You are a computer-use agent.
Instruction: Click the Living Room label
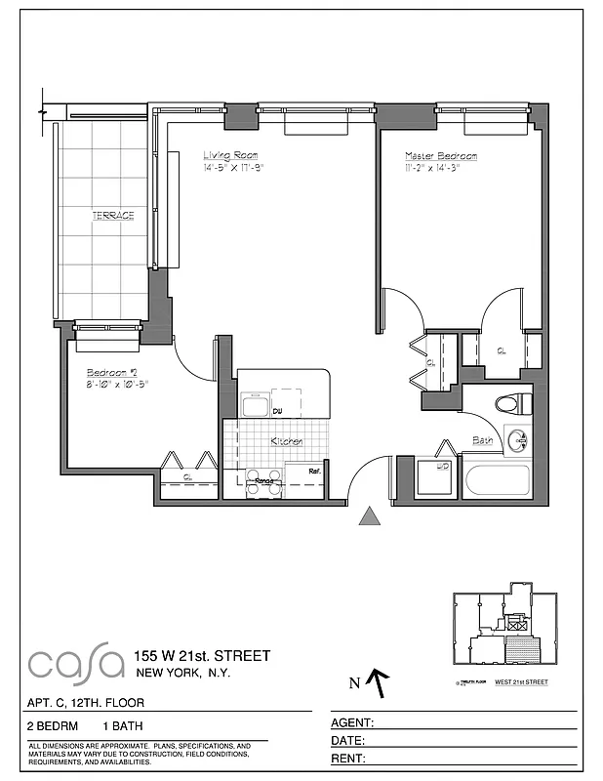pos(229,155)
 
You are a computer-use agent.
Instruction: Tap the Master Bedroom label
pos(442,156)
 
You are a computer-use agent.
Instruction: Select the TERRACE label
pos(112,215)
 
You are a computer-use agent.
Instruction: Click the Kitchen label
pos(287,442)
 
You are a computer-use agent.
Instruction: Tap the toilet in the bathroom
pos(512,402)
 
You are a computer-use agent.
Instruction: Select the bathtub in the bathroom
pos(498,481)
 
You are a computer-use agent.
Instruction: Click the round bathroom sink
pos(517,438)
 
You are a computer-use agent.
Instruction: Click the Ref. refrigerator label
pos(315,472)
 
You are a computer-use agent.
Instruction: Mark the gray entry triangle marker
pos(370,516)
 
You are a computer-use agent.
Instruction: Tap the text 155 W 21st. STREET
pos(203,655)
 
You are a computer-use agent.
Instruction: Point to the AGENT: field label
pos(354,723)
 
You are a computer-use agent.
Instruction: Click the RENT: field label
pos(349,759)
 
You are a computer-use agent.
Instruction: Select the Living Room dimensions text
pos(234,168)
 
